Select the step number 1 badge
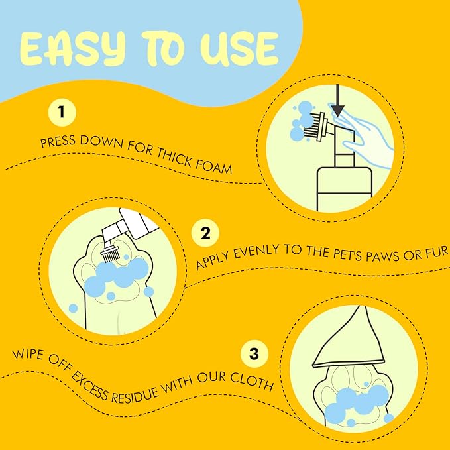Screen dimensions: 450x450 click(x=62, y=112)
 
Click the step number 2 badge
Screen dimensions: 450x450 click(x=205, y=233)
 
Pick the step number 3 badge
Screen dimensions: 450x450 click(x=254, y=353)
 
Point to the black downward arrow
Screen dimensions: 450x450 click(x=338, y=101)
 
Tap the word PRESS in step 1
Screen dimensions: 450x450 click(x=58, y=141)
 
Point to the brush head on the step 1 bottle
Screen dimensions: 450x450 click(x=315, y=127)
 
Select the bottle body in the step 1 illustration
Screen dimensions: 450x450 click(x=345, y=190)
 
